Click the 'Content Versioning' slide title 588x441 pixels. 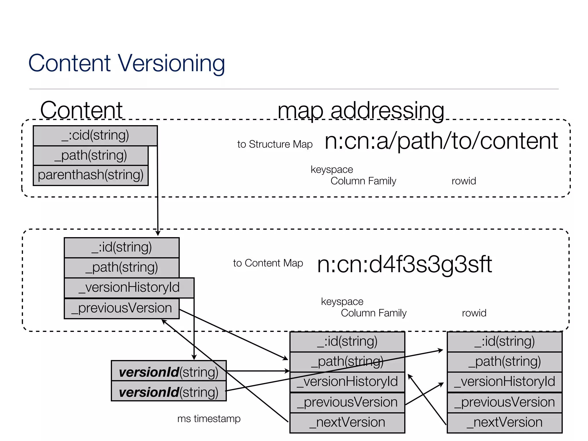127,63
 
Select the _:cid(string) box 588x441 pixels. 95,136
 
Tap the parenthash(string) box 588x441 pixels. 90,175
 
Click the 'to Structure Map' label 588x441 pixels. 275,144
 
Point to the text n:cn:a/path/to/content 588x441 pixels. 441,141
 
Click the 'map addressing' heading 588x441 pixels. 361,110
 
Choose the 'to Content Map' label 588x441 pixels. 268,263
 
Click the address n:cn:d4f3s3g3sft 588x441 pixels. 404,264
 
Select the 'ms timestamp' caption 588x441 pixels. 209,419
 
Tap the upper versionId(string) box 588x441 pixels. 169,372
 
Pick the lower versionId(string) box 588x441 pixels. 169,392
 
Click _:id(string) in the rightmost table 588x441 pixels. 504,342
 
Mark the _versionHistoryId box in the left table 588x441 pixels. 129,288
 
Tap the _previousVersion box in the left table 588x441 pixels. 121,308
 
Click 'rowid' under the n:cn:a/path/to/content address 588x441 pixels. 464,181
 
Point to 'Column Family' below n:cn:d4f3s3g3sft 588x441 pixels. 374,313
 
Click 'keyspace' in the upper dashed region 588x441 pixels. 332,169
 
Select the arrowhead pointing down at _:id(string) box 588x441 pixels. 158,233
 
